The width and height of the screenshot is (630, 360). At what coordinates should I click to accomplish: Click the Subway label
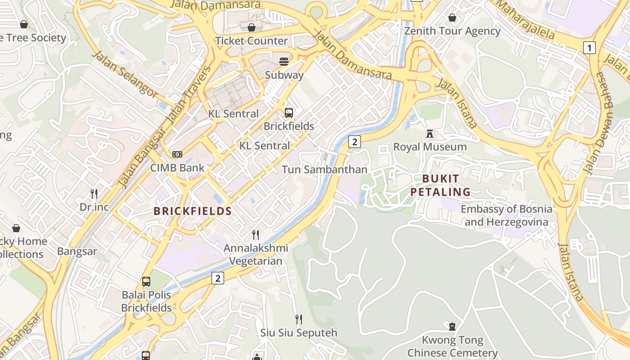(284, 75)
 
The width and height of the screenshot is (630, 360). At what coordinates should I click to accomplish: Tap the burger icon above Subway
(284, 61)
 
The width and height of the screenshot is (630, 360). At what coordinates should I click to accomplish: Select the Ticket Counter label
(251, 41)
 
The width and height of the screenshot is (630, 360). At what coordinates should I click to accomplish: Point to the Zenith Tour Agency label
(452, 31)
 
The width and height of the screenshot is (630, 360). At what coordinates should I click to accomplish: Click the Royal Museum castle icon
(430, 134)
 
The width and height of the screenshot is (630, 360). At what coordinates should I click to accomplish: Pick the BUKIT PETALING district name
(441, 185)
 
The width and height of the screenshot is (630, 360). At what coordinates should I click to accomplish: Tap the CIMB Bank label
(177, 168)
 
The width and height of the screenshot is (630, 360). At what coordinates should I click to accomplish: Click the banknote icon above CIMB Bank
(177, 154)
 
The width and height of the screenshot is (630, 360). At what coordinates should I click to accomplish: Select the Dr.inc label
(94, 207)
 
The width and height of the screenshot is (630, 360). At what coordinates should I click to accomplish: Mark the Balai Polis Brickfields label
(147, 301)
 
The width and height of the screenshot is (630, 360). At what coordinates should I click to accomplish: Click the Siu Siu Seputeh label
(299, 333)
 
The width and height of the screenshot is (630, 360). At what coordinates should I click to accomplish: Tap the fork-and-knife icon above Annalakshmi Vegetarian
(256, 234)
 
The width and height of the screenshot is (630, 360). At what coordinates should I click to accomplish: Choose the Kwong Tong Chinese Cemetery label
(452, 346)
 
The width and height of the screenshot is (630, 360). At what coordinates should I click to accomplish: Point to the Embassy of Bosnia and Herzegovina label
(506, 216)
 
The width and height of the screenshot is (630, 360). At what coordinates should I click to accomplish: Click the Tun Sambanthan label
(324, 170)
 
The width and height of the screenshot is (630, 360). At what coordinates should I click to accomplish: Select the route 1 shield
(589, 47)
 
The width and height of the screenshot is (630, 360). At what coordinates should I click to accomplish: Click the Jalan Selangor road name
(125, 74)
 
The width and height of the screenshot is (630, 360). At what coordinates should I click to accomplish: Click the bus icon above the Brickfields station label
(289, 112)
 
